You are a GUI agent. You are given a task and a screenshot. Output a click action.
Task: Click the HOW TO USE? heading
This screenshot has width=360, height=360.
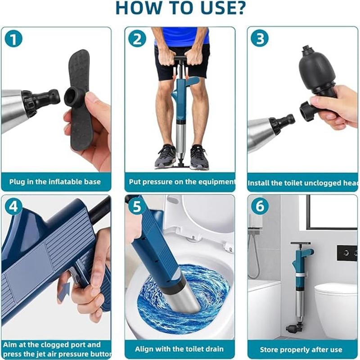(180, 9)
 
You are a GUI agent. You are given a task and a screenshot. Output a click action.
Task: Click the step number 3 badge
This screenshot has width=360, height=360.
(260, 39)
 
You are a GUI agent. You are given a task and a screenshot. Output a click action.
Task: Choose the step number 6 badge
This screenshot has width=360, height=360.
(260, 207)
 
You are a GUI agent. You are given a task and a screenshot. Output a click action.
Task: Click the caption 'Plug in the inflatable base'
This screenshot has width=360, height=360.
(55, 182)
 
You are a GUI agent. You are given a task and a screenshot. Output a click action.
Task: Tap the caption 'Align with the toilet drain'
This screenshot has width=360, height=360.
(179, 349)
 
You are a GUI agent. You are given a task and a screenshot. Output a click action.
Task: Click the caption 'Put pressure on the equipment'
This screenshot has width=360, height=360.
(181, 182)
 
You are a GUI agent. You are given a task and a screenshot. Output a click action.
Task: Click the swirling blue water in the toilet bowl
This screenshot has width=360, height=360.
(180, 292)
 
